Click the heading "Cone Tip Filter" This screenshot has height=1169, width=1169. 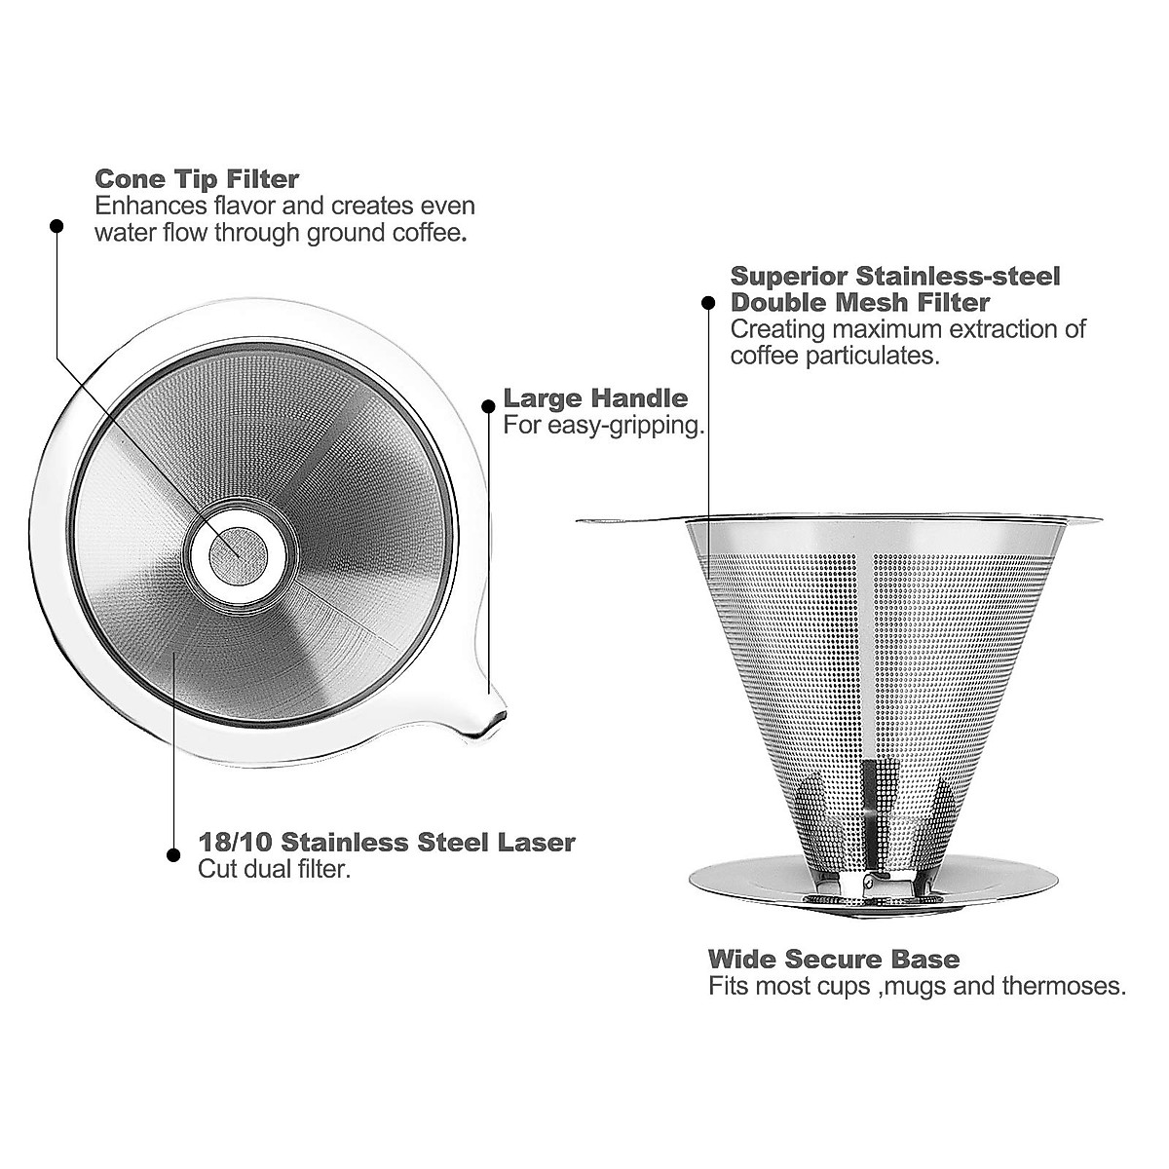[x=197, y=180]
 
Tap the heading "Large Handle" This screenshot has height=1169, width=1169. [x=595, y=398]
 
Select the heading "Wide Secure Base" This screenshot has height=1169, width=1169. [x=834, y=960]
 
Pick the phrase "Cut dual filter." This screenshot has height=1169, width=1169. [x=274, y=869]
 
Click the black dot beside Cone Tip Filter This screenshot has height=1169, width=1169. [x=56, y=226]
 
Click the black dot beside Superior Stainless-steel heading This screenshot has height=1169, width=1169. [x=709, y=304]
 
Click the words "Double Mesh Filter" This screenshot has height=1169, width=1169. [x=860, y=303]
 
